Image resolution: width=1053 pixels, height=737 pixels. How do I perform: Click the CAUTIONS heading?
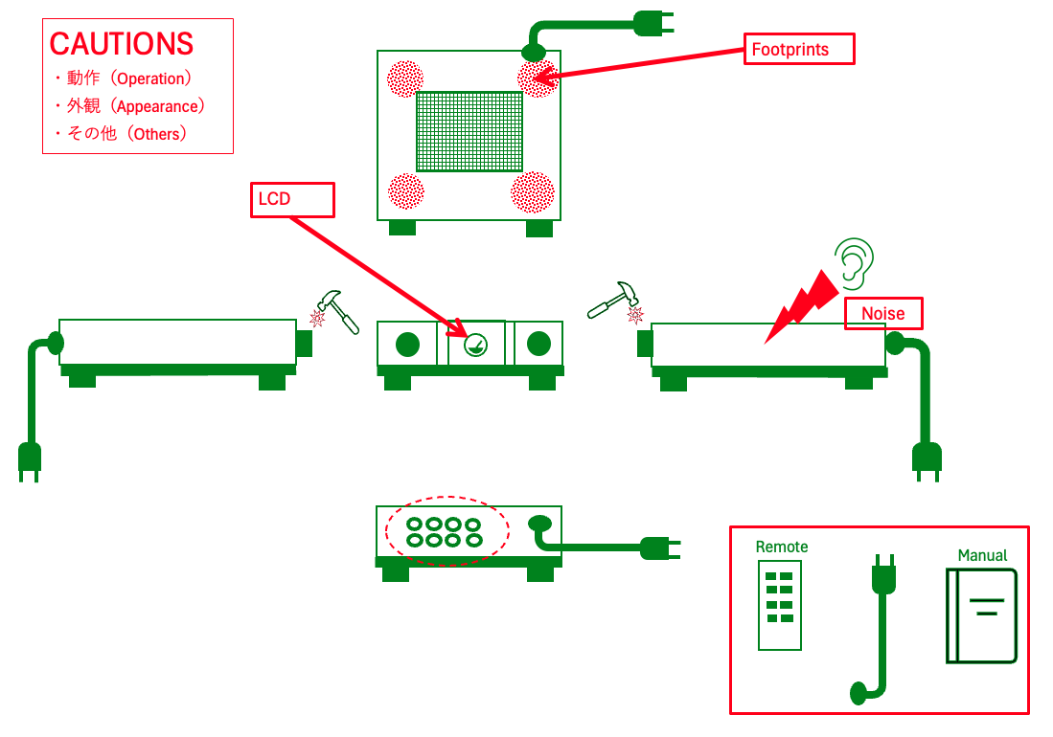coord(122,43)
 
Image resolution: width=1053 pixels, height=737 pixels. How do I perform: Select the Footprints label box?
coord(798,50)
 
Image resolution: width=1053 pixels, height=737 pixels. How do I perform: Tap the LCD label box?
coord(292,199)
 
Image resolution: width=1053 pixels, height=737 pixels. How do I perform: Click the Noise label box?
coord(882,314)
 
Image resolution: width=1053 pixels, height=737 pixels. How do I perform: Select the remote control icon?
coord(780,605)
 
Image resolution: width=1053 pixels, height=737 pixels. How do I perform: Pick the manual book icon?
coord(981,615)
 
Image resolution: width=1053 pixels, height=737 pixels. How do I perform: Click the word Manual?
coord(982,555)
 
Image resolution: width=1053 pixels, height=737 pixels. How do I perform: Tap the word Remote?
coord(782,547)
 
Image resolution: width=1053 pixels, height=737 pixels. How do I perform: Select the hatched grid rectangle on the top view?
coord(469,131)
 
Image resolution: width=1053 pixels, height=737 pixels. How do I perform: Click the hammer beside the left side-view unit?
coord(337,310)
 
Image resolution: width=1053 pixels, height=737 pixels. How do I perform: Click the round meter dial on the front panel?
coord(475,345)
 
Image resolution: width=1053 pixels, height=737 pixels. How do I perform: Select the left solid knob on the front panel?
coord(408,344)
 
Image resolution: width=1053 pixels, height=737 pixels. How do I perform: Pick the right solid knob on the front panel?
coord(539,344)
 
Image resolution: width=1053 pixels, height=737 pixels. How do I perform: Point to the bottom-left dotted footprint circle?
coord(405,191)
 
